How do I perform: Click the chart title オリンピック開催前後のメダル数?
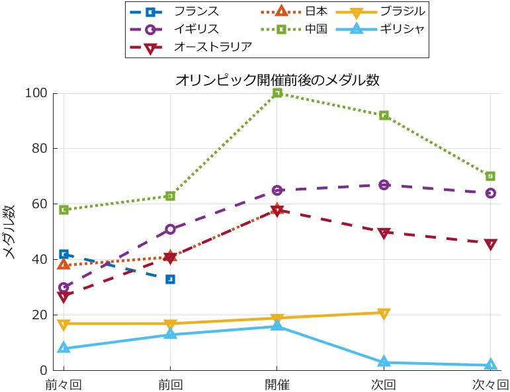(277, 81)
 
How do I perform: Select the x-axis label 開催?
(277, 384)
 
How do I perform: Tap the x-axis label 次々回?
(490, 384)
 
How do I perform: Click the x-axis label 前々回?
(64, 384)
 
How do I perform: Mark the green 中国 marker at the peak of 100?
(277, 93)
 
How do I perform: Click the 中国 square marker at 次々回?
(490, 176)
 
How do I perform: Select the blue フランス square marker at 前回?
(170, 279)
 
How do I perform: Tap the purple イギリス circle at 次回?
(384, 184)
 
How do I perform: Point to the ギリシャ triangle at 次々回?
(490, 364)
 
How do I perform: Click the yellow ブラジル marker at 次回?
(384, 313)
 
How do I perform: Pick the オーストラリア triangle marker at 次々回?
(490, 244)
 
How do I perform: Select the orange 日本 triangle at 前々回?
(64, 264)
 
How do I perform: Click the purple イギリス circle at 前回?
(170, 229)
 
